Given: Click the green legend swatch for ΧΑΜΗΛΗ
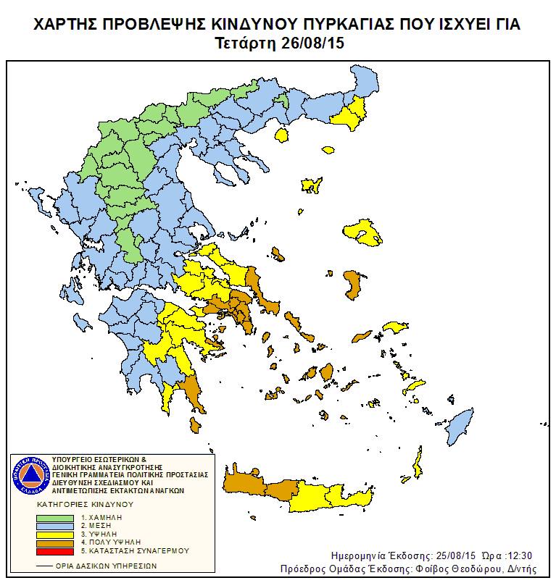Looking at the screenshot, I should coord(55,518).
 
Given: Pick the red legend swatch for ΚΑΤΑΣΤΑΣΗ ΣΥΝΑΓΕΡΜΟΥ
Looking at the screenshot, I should coord(55,550).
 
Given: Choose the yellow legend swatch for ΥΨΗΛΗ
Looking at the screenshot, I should coord(55,534).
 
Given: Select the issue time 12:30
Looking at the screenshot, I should coord(519,555).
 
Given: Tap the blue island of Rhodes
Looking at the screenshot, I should coord(460,424).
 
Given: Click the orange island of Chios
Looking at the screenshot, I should coord(353,284).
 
